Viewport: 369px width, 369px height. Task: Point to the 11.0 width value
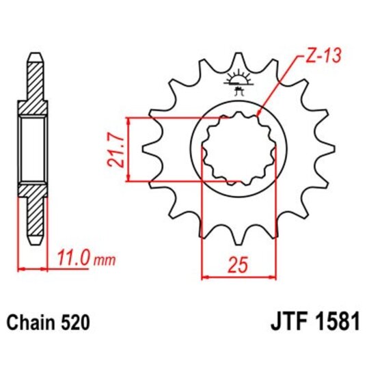pos(73,259)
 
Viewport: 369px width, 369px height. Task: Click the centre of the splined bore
pos(238,149)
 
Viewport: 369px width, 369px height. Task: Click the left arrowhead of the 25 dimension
pos(204,277)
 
